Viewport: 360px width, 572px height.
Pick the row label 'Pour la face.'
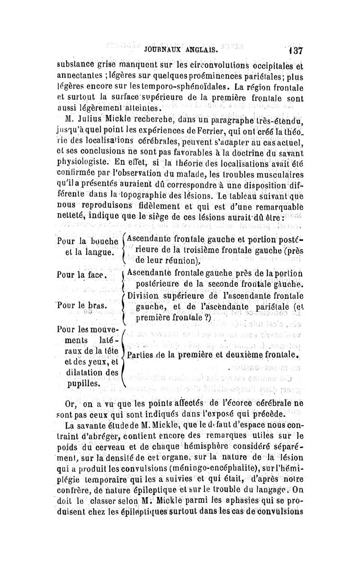pyautogui.click(x=82, y=274)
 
